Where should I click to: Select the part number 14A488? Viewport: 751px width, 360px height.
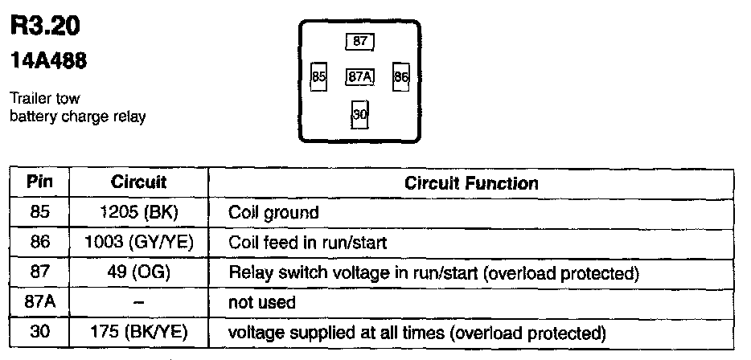pos(48,61)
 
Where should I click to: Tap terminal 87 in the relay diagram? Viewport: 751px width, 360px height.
pos(359,41)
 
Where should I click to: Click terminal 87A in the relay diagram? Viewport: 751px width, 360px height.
pos(359,76)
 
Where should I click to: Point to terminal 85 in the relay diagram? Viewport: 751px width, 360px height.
pos(319,76)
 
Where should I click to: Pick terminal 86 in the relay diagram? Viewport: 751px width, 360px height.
pos(401,76)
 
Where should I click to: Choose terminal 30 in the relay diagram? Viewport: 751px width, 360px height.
pos(359,114)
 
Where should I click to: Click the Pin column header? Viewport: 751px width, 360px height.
pos(39,182)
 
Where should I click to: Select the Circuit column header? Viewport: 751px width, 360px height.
pos(138,182)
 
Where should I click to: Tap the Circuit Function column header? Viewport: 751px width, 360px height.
pos(471,183)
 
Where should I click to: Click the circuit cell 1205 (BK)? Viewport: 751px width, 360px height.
pos(139,213)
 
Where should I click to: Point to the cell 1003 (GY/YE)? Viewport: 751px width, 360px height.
pos(139,242)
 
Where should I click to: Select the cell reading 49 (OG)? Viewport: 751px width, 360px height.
pos(139,272)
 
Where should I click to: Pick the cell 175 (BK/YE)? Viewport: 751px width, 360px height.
pos(139,332)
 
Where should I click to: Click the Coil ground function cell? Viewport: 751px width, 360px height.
pos(273,213)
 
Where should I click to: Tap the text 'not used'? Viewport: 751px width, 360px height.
pos(261,303)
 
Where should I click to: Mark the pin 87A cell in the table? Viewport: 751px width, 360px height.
pos(39,303)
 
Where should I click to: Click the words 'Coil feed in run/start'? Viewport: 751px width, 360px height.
pos(307,243)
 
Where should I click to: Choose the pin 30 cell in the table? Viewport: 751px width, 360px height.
pos(39,332)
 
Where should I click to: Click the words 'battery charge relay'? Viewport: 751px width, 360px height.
pos(77,117)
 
